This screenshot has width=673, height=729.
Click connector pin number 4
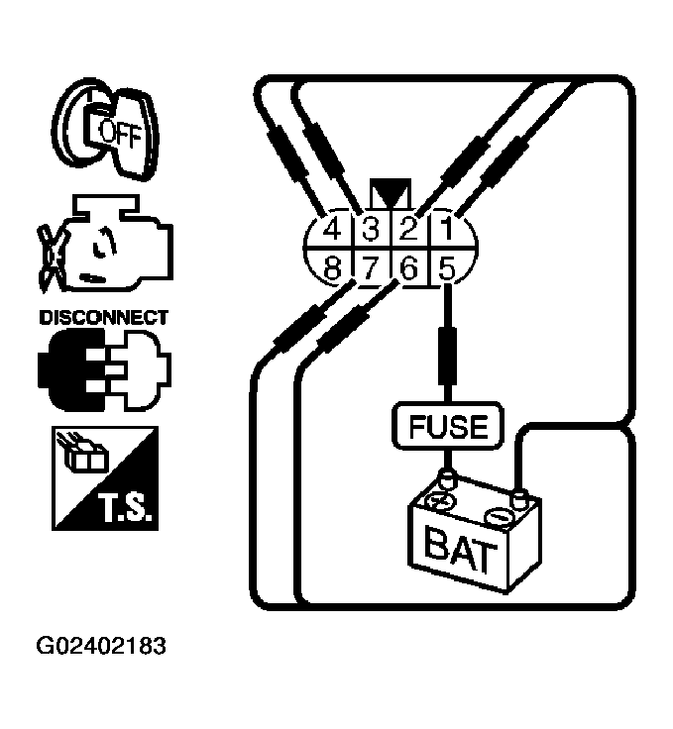(x=332, y=231)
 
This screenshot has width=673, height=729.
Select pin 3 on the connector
(x=370, y=231)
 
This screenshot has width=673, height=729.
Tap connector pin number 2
(x=407, y=231)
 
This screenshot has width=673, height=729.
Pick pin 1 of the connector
(x=445, y=231)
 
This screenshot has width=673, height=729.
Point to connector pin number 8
(x=332, y=267)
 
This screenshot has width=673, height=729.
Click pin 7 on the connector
(x=370, y=267)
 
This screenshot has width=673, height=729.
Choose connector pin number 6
(x=407, y=267)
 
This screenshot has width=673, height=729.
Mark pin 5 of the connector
(x=446, y=267)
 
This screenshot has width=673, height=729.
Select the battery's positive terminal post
(x=445, y=483)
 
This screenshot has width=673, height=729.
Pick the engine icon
(x=101, y=251)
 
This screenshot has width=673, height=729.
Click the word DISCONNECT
(x=103, y=318)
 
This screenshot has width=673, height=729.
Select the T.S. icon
(x=102, y=476)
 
